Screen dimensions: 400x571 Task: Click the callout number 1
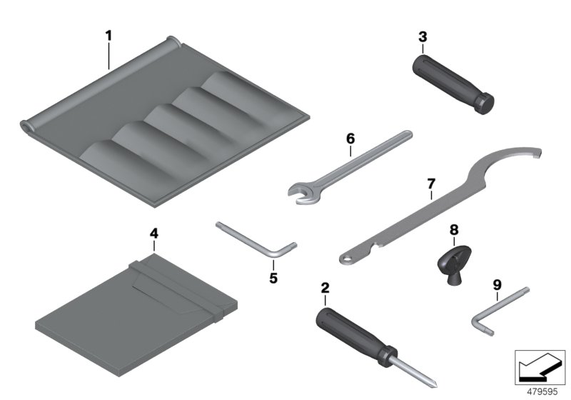pos(108,34)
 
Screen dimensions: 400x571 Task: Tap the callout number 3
pos(423,36)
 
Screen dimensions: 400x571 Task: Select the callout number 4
pos(153,233)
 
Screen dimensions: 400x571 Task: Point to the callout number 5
pos(273,276)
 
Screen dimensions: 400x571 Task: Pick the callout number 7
pos(430,184)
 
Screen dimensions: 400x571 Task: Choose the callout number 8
pos(453,230)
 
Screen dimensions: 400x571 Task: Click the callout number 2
pos(325,289)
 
